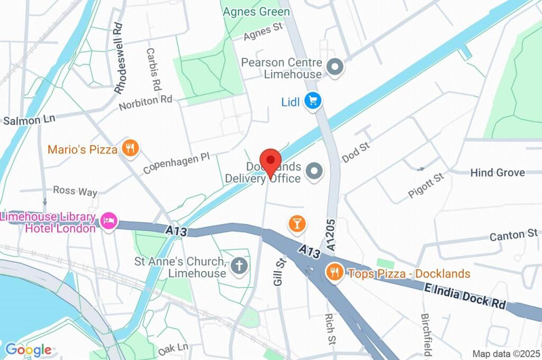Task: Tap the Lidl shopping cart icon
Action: (313, 101)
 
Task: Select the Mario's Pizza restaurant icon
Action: (130, 149)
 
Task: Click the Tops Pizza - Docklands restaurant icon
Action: (333, 273)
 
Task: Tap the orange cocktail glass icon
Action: (297, 223)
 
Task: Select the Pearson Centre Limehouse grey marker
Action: (335, 67)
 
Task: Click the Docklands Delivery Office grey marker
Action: (315, 172)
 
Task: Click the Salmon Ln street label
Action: (29, 120)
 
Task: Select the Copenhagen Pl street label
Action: (176, 164)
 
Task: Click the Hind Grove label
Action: (498, 173)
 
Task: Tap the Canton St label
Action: (513, 234)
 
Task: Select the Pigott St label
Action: (426, 185)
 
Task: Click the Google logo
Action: (28, 349)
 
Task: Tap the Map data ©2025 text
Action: (505, 354)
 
